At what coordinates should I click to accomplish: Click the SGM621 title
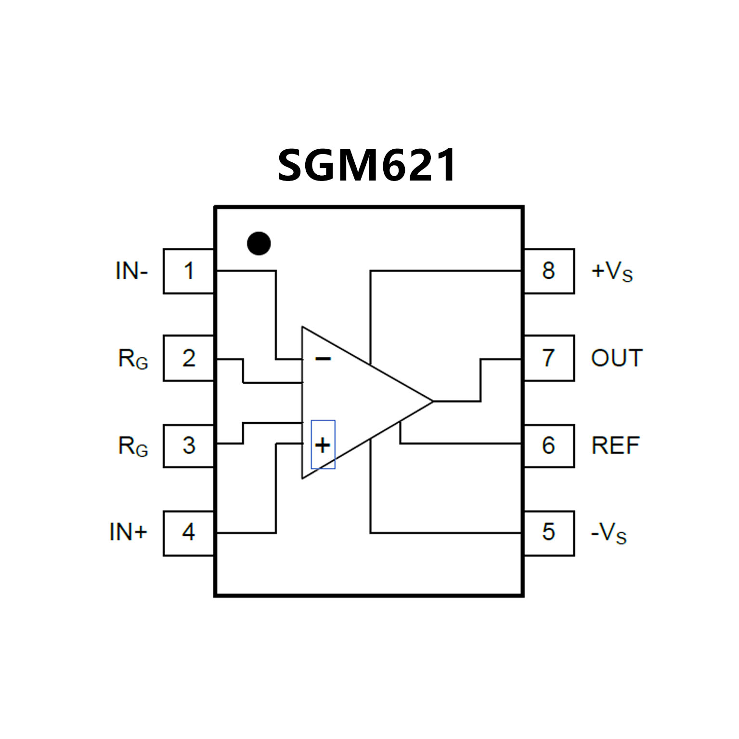(x=367, y=165)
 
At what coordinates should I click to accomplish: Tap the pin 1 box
(x=189, y=271)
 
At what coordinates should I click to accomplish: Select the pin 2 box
(x=189, y=358)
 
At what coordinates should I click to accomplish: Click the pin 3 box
(x=189, y=445)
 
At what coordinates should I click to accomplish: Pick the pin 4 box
(x=189, y=532)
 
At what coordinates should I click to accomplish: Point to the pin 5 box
(x=549, y=532)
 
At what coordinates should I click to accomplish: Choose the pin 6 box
(x=549, y=445)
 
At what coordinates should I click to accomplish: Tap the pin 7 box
(x=549, y=358)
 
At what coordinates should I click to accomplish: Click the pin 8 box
(x=549, y=271)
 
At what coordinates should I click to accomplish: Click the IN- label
(x=131, y=271)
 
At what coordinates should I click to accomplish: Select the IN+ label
(x=128, y=532)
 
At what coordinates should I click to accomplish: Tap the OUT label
(x=617, y=358)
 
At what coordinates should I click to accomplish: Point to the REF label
(x=615, y=445)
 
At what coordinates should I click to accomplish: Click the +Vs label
(x=612, y=272)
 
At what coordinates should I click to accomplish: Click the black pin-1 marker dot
(x=259, y=244)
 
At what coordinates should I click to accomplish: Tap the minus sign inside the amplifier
(x=323, y=359)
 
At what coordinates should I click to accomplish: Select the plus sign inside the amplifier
(x=323, y=445)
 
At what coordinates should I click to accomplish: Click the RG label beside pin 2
(x=133, y=359)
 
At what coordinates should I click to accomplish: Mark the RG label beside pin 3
(x=133, y=446)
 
